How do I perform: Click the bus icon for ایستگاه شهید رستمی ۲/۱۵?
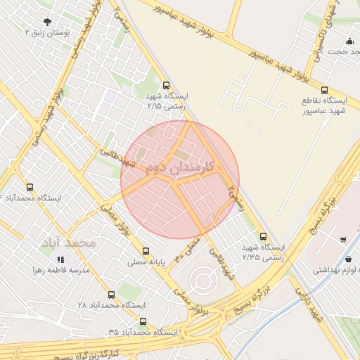(166, 86)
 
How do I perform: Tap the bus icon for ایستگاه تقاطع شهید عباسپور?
(324, 90)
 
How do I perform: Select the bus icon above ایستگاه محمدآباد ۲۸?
(112, 295)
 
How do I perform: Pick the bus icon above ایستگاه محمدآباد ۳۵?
(143, 321)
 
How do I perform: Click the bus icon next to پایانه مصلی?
(146, 251)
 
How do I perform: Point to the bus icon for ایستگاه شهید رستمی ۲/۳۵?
(264, 236)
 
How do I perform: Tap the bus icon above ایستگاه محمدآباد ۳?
(30, 187)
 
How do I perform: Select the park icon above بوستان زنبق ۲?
(46, 22)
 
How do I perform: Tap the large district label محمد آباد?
(68, 243)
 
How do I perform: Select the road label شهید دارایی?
(309, 309)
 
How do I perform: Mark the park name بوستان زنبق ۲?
(48, 32)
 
